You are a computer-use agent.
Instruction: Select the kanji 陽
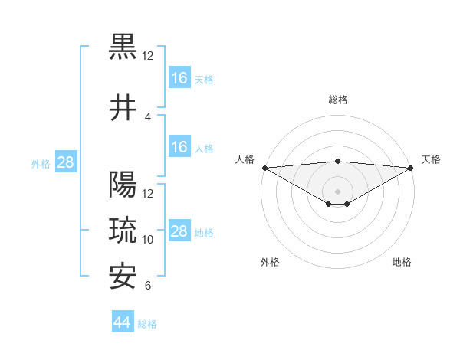[123, 185]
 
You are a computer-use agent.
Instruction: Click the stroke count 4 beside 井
[148, 117]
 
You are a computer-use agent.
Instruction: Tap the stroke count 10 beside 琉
[148, 240]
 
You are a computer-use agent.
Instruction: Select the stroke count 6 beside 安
[148, 286]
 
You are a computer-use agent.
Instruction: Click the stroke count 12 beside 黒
[148, 55]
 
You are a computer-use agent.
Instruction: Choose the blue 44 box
[122, 322]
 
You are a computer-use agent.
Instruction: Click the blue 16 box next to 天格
[179, 78]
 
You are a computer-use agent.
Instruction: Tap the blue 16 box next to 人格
[179, 148]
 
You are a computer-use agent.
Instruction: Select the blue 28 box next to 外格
[65, 162]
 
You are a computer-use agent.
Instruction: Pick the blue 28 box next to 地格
[179, 232]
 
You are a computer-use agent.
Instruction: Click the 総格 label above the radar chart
[337, 100]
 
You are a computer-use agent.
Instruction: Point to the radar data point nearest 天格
[410, 168]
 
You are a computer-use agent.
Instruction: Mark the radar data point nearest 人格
[264, 168]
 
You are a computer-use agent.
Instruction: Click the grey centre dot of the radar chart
[337, 191]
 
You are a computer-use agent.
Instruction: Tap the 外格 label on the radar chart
[270, 262]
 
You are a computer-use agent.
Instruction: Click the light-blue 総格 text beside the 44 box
[147, 324]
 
